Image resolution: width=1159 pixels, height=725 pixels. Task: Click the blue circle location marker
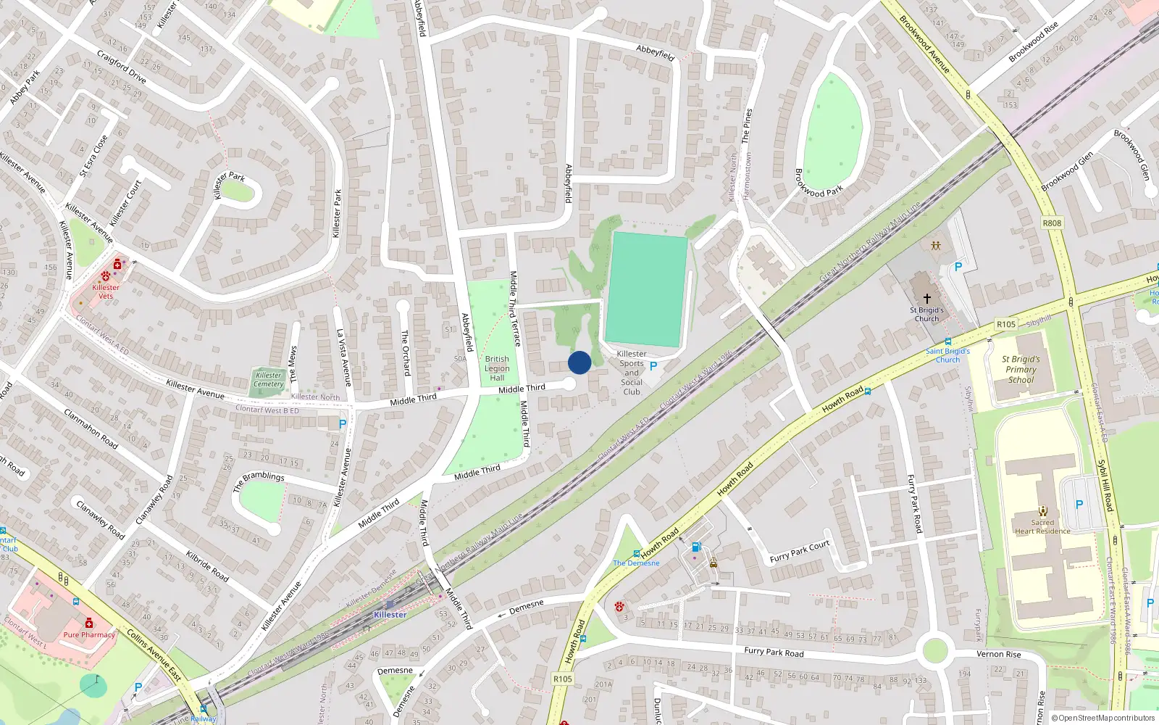pos(579,362)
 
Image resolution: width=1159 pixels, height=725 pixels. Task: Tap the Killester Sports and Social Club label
pos(632,373)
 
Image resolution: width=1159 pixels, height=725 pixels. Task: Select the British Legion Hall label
pos(497,368)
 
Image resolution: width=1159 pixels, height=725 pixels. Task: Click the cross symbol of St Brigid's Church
pos(926,298)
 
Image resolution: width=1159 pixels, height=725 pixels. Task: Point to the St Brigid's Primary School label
pos(1021,369)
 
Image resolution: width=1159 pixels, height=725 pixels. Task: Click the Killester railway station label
pos(390,615)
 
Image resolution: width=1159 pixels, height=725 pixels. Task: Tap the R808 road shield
pos(1052,223)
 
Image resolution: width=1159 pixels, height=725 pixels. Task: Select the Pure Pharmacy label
pos(89,634)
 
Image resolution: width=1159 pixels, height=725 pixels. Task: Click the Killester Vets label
pos(106,291)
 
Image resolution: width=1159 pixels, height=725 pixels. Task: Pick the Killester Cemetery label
pos(269,379)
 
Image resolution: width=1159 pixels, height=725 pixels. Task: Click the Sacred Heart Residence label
pos(1042,526)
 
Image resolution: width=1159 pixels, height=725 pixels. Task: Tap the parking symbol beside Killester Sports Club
pos(653,367)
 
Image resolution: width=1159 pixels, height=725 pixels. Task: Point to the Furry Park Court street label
pos(800,552)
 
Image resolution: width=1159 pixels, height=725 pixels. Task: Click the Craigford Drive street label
pos(122,67)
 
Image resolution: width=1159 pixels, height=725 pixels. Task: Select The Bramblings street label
pos(259,481)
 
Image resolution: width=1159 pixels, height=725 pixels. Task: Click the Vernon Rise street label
pos(998,654)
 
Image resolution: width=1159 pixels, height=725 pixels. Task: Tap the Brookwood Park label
pos(819,183)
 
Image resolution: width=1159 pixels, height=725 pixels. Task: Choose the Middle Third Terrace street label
pos(515,308)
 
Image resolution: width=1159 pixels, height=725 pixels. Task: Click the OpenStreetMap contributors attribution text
pos(1106,718)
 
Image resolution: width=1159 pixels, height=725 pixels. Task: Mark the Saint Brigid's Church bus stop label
pos(947,355)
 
